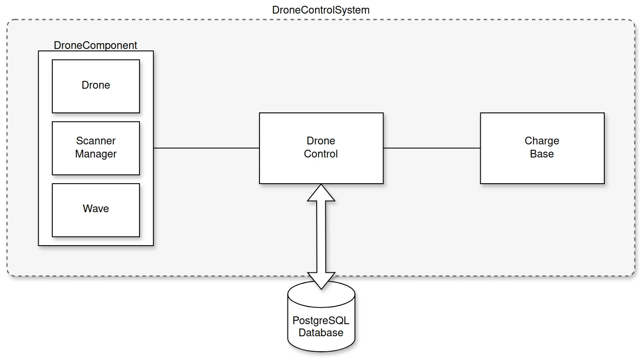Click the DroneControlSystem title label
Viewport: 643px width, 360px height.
pyautogui.click(x=321, y=10)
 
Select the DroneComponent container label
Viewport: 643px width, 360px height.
pyautogui.click(x=95, y=45)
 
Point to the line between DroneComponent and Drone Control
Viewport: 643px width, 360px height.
pyautogui.click(x=206, y=148)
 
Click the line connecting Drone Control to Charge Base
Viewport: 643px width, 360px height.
pyautogui.click(x=431, y=148)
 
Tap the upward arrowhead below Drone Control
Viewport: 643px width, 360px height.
pyautogui.click(x=321, y=193)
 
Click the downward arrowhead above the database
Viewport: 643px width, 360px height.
pyautogui.click(x=321, y=280)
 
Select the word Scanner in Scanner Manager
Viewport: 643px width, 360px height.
pyautogui.click(x=96, y=141)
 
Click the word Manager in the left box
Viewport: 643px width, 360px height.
pyautogui.click(x=96, y=154)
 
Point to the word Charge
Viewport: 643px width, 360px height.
pyautogui.click(x=542, y=141)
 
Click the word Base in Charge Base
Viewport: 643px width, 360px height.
pyautogui.click(x=542, y=154)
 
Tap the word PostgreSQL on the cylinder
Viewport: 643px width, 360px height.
pyautogui.click(x=321, y=321)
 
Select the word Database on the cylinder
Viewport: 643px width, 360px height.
pyautogui.click(x=321, y=333)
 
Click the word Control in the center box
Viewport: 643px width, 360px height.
pyautogui.click(x=321, y=154)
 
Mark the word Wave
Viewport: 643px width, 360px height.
pyautogui.click(x=96, y=209)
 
